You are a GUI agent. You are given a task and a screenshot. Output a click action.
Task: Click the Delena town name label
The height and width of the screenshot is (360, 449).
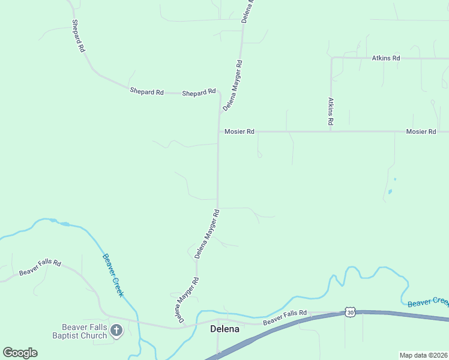coord(224,329)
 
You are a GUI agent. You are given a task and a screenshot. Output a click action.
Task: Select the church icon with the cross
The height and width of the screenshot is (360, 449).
coord(116,329)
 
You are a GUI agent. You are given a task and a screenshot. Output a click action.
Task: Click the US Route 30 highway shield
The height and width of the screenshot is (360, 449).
coord(350,312)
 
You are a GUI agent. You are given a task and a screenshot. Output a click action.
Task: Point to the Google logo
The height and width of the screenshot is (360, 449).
coord(20,352)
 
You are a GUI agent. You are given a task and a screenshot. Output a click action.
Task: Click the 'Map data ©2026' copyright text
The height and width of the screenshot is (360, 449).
coord(423,355)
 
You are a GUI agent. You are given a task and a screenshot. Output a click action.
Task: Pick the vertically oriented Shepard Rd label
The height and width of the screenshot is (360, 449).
coord(77,37)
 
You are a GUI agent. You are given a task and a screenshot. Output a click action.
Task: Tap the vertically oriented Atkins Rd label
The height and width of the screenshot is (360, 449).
coord(330,111)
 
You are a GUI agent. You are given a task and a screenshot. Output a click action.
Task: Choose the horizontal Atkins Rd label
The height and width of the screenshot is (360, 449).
coord(385,58)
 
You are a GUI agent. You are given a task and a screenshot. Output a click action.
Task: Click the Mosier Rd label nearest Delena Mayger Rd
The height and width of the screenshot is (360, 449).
coord(239,131)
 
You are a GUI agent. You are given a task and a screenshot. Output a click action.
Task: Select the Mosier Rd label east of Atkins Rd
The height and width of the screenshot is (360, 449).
coord(420,131)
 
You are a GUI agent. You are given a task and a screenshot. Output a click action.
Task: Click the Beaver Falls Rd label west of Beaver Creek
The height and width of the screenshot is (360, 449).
coord(40,268)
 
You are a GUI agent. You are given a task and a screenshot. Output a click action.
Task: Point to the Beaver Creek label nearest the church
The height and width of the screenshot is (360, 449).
coord(112,275)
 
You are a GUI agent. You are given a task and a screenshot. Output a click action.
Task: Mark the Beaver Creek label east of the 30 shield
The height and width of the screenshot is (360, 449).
coord(427,302)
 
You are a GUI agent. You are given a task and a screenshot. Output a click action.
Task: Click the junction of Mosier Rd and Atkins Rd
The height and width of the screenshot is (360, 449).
coord(331,131)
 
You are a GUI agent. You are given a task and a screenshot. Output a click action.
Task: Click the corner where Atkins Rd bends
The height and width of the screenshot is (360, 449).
coord(331,58)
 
